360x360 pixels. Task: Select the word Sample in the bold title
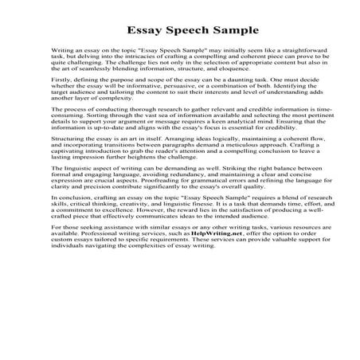[234, 31]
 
